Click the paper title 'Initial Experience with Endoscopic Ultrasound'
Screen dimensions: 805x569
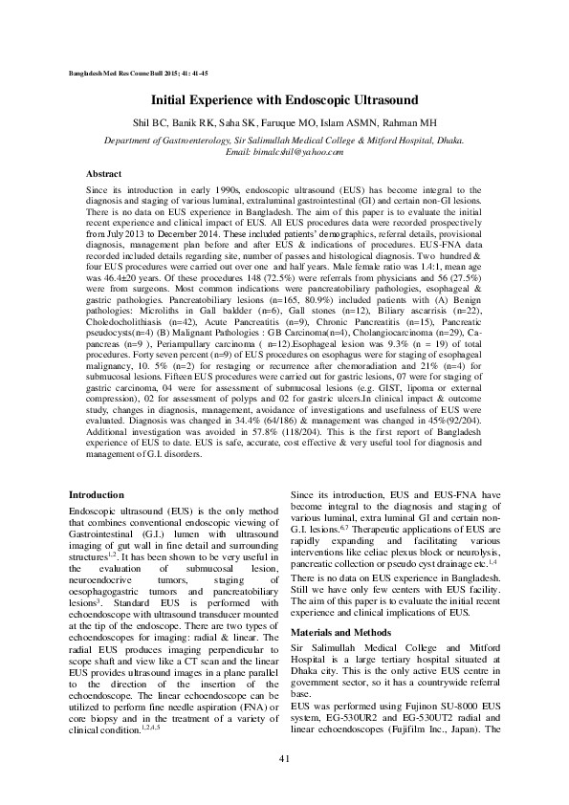pos(284,99)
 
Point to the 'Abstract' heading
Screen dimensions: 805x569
pos(103,175)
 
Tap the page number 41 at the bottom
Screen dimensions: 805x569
pos(284,758)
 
